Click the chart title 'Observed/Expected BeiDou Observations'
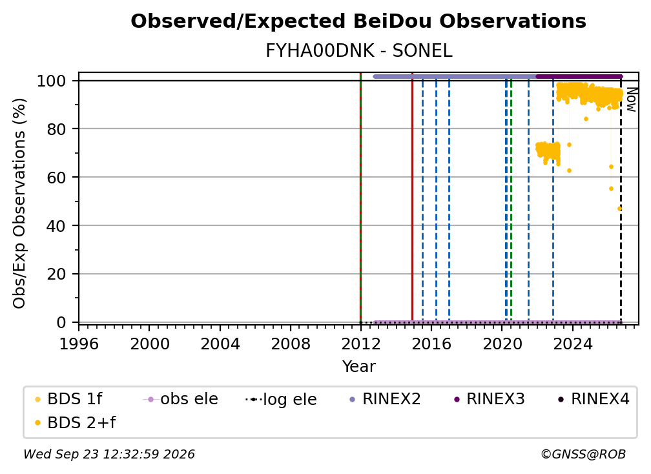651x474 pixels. [x=358, y=21]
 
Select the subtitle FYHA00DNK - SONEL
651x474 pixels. [x=358, y=51]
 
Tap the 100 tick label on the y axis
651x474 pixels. [x=52, y=81]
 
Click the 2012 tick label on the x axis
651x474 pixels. [x=361, y=344]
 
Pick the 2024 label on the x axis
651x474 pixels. [x=572, y=344]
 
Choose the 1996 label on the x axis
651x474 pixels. [x=79, y=344]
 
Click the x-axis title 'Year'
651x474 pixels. [x=358, y=367]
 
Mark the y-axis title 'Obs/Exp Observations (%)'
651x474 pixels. [x=19, y=203]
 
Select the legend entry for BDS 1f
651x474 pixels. [x=69, y=399]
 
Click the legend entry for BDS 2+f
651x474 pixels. [x=76, y=423]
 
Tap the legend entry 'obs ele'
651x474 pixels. [x=180, y=399]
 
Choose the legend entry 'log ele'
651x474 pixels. [x=281, y=399]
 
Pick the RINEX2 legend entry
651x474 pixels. [x=386, y=399]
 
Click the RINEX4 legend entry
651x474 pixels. [x=594, y=399]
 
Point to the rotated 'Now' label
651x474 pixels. [x=631, y=100]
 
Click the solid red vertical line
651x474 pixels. [x=412, y=198]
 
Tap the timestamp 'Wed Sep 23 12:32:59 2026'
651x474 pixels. [x=109, y=455]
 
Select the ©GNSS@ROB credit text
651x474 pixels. [x=583, y=455]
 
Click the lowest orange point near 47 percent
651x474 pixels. [x=619, y=209]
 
